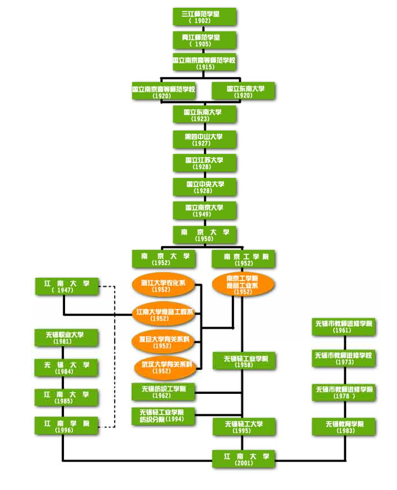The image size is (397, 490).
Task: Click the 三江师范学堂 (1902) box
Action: (x=204, y=16)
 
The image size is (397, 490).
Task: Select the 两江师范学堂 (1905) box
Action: (x=204, y=40)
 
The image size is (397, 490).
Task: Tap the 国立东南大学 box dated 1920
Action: (x=243, y=91)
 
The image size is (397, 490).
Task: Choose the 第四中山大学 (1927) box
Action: (x=204, y=139)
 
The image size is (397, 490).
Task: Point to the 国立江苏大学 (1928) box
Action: (x=204, y=163)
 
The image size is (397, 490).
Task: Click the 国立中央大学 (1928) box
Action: (x=204, y=187)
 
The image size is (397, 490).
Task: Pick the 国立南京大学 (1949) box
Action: (x=204, y=210)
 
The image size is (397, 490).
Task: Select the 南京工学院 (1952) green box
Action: (x=243, y=259)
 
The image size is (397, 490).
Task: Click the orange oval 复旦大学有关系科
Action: (x=163, y=342)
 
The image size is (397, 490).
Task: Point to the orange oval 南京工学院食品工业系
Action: (x=243, y=285)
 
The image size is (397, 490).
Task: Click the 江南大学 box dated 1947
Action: (x=66, y=286)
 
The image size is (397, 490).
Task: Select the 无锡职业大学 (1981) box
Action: (x=66, y=338)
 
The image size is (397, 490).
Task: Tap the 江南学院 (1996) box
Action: (x=66, y=425)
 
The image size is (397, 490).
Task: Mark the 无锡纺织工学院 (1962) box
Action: (x=163, y=392)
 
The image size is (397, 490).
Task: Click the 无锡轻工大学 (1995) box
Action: (x=243, y=427)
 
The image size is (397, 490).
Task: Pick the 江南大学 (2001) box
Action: (x=243, y=458)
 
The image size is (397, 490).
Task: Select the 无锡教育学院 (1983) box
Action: (x=343, y=427)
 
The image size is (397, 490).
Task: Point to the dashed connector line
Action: (x=114, y=356)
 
